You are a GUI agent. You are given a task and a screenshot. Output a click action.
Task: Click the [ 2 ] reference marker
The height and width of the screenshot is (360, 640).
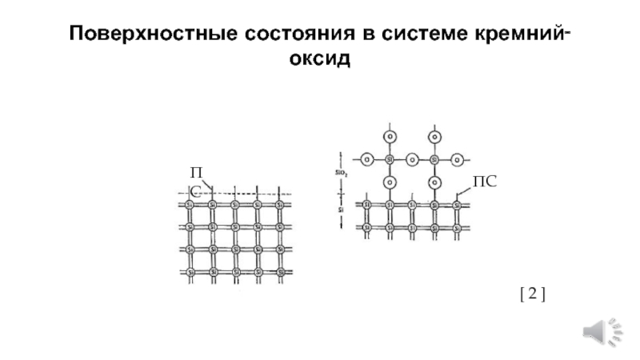click(x=532, y=295)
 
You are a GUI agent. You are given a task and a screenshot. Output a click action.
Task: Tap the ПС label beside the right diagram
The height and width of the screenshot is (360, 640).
click(x=485, y=182)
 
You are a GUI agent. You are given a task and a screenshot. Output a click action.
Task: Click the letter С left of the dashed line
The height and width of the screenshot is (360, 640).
click(x=194, y=192)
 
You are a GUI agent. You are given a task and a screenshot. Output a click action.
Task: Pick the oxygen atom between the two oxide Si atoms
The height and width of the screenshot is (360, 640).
click(x=411, y=158)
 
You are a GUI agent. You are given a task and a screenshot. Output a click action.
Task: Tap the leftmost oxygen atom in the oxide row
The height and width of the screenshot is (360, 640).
click(x=366, y=158)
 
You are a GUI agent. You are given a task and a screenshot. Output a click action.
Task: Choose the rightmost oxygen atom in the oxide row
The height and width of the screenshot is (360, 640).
click(x=456, y=158)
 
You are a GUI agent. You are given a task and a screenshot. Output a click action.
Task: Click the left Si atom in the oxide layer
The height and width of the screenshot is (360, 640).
click(x=389, y=158)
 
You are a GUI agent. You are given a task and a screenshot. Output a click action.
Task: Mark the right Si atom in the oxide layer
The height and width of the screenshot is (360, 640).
click(x=434, y=158)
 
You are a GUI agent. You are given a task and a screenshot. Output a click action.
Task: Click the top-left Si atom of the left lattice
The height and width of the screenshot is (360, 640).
click(x=190, y=205)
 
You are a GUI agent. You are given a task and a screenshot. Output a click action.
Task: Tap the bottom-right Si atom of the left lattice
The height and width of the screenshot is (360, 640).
click(x=280, y=272)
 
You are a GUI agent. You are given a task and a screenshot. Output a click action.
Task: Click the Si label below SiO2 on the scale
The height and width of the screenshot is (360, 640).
click(x=341, y=210)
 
